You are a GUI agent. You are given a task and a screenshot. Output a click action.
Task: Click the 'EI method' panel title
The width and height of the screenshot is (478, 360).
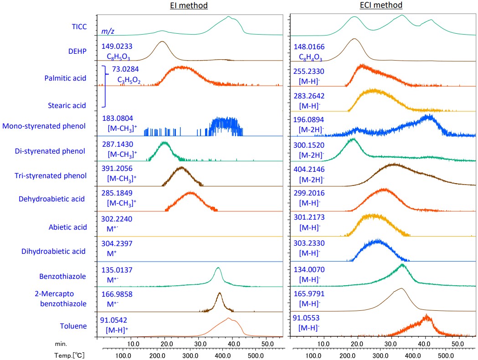(x=189, y=5)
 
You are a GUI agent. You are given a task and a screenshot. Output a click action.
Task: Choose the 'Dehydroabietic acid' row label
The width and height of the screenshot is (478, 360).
(x=52, y=199)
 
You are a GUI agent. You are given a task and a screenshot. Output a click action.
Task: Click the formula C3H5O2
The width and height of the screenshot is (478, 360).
(x=129, y=81)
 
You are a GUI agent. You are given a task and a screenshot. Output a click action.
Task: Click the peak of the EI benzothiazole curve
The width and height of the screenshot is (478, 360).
(x=218, y=267)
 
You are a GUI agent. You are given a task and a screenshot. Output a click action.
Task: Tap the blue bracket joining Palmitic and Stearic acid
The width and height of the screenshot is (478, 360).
(x=105, y=87)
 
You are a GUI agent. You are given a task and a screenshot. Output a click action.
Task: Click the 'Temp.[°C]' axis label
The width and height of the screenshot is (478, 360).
(x=80, y=354)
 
